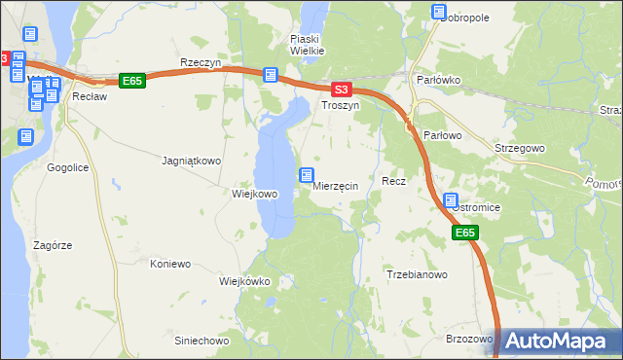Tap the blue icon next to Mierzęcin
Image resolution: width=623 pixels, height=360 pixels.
[x=307, y=176]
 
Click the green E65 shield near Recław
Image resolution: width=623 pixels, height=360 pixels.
[x=132, y=81]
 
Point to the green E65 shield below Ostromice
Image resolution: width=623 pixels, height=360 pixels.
[x=465, y=234]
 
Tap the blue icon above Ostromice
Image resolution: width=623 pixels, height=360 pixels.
[x=451, y=201]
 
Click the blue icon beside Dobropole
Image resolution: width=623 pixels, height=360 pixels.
[x=437, y=12]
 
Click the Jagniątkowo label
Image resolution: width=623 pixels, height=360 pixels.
[x=191, y=160]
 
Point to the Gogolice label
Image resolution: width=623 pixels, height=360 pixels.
[x=68, y=167]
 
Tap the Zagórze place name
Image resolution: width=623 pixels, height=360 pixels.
[x=53, y=245]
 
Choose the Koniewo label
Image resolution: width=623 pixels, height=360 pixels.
[x=169, y=264]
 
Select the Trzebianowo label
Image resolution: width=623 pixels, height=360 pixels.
[x=417, y=275]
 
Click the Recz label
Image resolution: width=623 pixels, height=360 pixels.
[x=393, y=181]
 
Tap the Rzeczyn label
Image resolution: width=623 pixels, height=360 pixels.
[x=202, y=62]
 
